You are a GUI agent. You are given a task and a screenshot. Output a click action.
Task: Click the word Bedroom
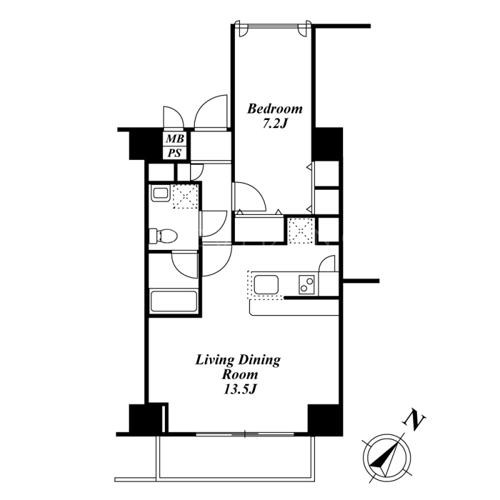[275, 109]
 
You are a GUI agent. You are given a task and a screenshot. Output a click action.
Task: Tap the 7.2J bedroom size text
[275, 123]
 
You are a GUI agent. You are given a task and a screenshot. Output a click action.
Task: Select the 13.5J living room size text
[240, 389]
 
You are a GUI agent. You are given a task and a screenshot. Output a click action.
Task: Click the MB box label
[175, 139]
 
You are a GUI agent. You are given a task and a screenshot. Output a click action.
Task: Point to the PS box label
[175, 153]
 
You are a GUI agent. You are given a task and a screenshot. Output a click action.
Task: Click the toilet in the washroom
[163, 236]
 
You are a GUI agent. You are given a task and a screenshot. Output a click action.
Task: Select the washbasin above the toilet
[160, 193]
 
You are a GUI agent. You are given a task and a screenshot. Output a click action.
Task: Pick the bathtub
[174, 301]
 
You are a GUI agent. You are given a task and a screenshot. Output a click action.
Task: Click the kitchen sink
[266, 285]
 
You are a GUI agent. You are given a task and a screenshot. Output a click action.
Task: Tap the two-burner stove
[306, 284]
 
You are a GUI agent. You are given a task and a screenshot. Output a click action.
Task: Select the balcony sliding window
[244, 434]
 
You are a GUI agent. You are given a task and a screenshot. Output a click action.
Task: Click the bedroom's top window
[272, 26]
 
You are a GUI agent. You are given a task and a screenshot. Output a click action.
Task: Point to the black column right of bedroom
[327, 144]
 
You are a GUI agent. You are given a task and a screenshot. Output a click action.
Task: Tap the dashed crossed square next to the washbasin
[186, 196]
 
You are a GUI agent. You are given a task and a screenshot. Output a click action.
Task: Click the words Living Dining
[238, 361]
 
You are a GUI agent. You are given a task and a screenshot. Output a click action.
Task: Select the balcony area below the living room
[236, 457]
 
